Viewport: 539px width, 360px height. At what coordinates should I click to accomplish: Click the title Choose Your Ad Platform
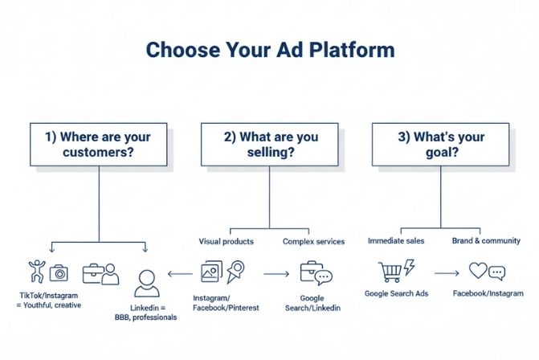pos(270,50)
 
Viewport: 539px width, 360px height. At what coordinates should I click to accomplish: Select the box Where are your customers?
pos(98,144)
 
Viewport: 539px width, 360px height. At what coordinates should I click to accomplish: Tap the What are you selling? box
pos(270,144)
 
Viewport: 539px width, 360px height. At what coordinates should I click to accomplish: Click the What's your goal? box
pos(441,144)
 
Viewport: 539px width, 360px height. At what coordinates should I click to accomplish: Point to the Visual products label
pos(226,241)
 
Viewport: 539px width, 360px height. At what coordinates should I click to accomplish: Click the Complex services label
pos(313,241)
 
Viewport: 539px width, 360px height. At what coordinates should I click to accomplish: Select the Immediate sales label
pos(395,240)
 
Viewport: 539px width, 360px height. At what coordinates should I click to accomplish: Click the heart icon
pos(480,271)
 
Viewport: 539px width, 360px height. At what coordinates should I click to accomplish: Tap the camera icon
pos(59,273)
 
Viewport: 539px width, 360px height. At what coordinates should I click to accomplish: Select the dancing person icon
pos(36,272)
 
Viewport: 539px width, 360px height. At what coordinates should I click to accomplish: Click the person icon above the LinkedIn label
pos(146,282)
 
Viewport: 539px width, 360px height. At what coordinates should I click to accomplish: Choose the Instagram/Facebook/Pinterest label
pos(226,302)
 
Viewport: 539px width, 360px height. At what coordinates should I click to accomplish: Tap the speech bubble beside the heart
pos(496,273)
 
